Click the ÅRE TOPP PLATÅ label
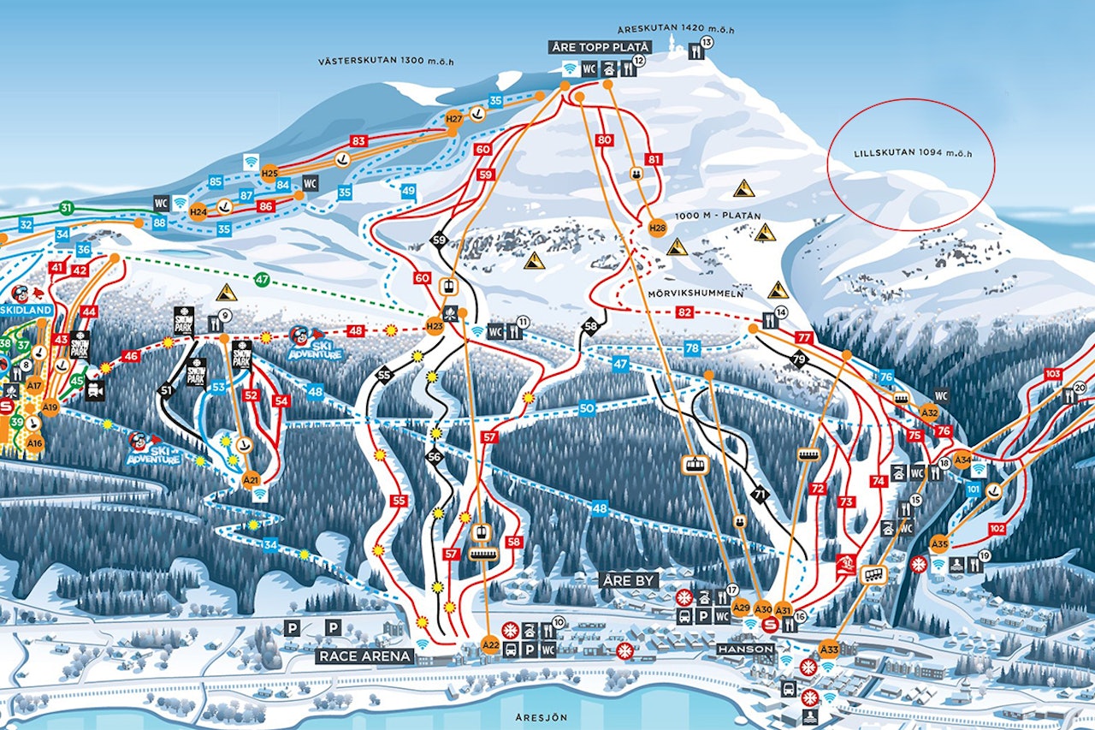pos(601,47)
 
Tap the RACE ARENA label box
pos(365,656)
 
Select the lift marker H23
pos(435,325)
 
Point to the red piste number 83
pos(358,141)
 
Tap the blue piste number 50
pos(587,409)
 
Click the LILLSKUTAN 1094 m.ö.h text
pos(913,154)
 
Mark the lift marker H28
pos(657,228)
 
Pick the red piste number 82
pos(684,312)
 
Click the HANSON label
pos(746,650)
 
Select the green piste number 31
pos(66,208)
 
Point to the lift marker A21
pos(251,479)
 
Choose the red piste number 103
pos(1053,374)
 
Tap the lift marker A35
pos(939,543)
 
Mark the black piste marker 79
pos(799,359)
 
